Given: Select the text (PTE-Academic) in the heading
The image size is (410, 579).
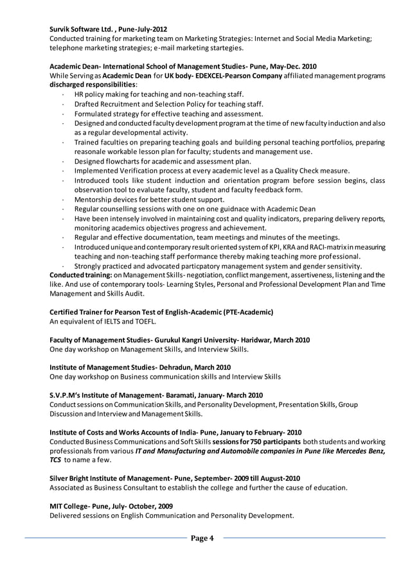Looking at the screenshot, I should click(x=247, y=312).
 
